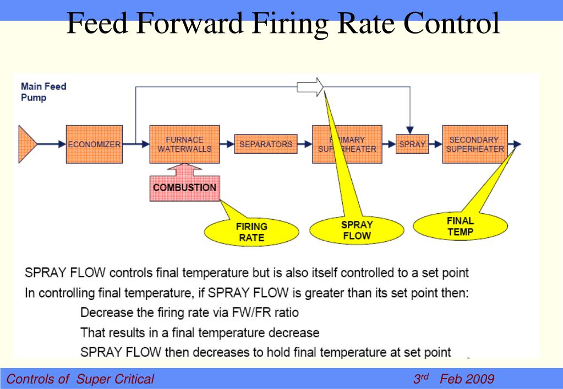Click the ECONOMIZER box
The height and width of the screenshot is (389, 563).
click(94, 145)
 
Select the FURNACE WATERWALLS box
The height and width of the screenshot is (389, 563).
click(184, 145)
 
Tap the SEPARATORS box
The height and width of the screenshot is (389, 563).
click(265, 145)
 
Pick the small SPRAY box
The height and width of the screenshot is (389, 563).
click(412, 145)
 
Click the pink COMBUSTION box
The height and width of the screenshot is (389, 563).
click(184, 188)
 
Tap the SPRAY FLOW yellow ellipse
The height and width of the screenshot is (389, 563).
click(357, 230)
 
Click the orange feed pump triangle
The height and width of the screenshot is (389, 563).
click(27, 145)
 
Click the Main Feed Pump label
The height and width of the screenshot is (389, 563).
click(43, 92)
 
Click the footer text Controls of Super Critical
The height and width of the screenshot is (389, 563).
click(80, 379)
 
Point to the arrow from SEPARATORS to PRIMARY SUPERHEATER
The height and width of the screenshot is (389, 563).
click(304, 145)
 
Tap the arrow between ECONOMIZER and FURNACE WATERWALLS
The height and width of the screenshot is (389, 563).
click(136, 145)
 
